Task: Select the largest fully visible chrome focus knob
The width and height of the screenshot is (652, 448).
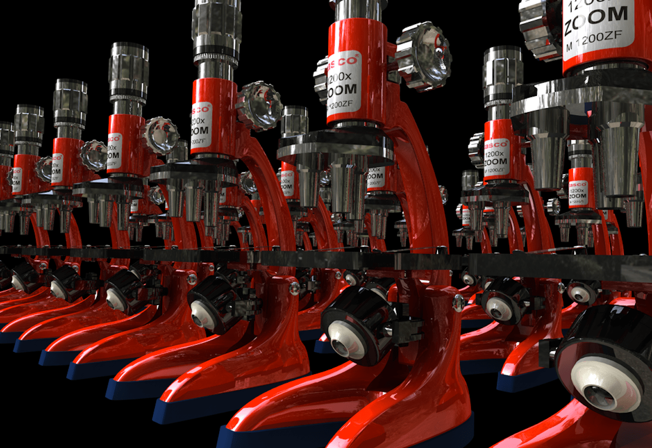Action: pos(423,56)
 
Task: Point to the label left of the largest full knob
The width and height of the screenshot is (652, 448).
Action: pos(344,84)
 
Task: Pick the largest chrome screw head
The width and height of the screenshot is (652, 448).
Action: pos(458,303)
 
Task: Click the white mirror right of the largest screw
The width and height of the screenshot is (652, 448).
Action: pos(499,308)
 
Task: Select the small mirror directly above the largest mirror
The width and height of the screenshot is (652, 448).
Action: pos(580,293)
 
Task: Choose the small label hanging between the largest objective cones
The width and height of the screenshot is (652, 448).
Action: pos(579,191)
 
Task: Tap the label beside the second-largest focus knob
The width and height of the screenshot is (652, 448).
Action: pos(201,125)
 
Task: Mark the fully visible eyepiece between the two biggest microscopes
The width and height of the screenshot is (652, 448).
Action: pos(503,74)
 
